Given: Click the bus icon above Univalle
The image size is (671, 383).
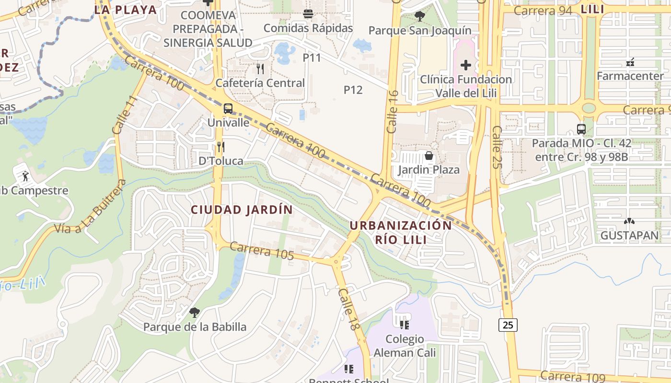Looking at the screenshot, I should (x=228, y=109).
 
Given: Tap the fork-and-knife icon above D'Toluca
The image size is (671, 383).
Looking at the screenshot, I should (x=220, y=146).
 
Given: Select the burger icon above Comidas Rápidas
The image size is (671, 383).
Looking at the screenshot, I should (x=308, y=14).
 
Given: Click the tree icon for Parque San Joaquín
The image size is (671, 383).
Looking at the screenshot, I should (x=419, y=16).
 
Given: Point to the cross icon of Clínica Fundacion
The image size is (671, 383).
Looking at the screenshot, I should (x=465, y=65).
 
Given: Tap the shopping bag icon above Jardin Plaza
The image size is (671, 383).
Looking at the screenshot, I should (x=428, y=156).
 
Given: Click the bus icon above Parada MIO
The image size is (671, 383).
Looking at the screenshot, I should (x=581, y=129).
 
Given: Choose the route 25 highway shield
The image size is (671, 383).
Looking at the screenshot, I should (x=508, y=325).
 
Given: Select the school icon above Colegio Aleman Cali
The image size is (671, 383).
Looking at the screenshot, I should (x=405, y=325).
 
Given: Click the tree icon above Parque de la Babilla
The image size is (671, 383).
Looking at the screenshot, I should (x=194, y=313).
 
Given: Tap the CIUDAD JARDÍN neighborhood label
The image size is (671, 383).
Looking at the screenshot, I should (x=242, y=210).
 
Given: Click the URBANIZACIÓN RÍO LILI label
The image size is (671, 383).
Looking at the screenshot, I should (x=400, y=232).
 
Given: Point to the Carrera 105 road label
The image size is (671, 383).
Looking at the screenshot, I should (x=262, y=251).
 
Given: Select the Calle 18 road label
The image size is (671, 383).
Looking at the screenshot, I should (x=348, y=309).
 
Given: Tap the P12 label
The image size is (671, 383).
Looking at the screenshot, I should (x=353, y=90).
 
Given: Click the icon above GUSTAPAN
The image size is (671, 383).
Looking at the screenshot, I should (x=629, y=221).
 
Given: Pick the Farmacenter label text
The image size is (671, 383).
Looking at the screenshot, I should (x=630, y=76).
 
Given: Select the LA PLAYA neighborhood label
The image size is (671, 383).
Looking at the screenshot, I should (x=126, y=10).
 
